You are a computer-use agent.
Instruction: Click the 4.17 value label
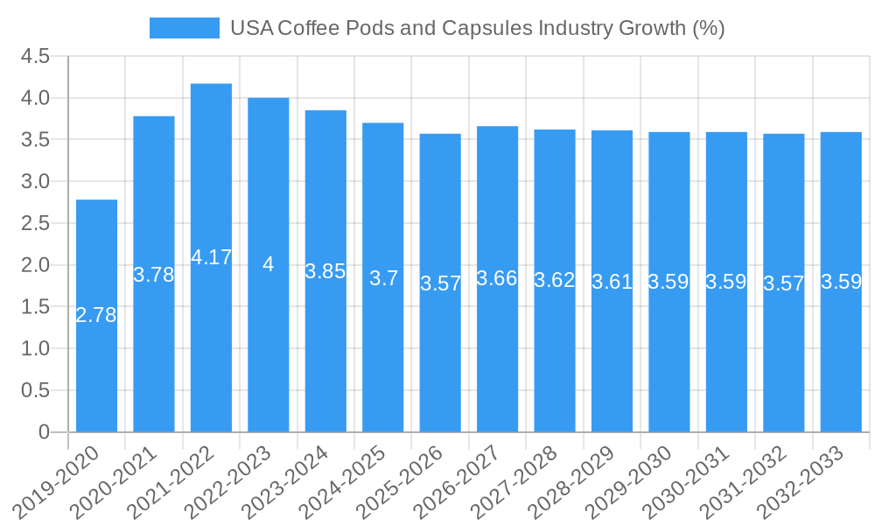[x=211, y=257]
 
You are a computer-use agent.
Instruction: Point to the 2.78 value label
[x=96, y=315]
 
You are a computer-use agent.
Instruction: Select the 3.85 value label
[x=325, y=271]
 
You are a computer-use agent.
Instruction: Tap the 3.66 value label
[x=497, y=278]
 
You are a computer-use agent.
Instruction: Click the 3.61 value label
[x=612, y=282]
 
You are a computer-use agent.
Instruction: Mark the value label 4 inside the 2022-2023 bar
[x=268, y=264]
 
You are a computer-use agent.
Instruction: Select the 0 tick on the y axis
[x=45, y=432]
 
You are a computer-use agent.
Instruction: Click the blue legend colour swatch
[x=185, y=28]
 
